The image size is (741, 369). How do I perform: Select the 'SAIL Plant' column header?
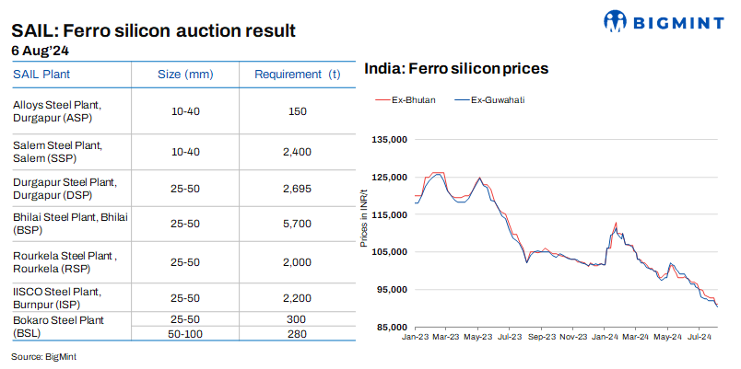41,74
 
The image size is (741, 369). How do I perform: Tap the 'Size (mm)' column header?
185,74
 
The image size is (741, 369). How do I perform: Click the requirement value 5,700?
297,224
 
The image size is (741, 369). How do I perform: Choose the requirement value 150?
297,111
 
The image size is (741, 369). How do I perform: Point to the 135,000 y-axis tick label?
388,140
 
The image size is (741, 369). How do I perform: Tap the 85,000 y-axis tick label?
390,328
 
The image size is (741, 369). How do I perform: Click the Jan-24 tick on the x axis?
605,339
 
